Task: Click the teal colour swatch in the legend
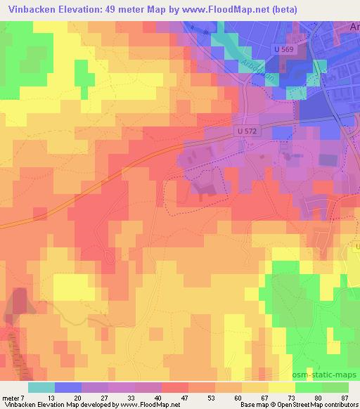coord(41,387)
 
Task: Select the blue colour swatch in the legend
coord(68,387)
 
